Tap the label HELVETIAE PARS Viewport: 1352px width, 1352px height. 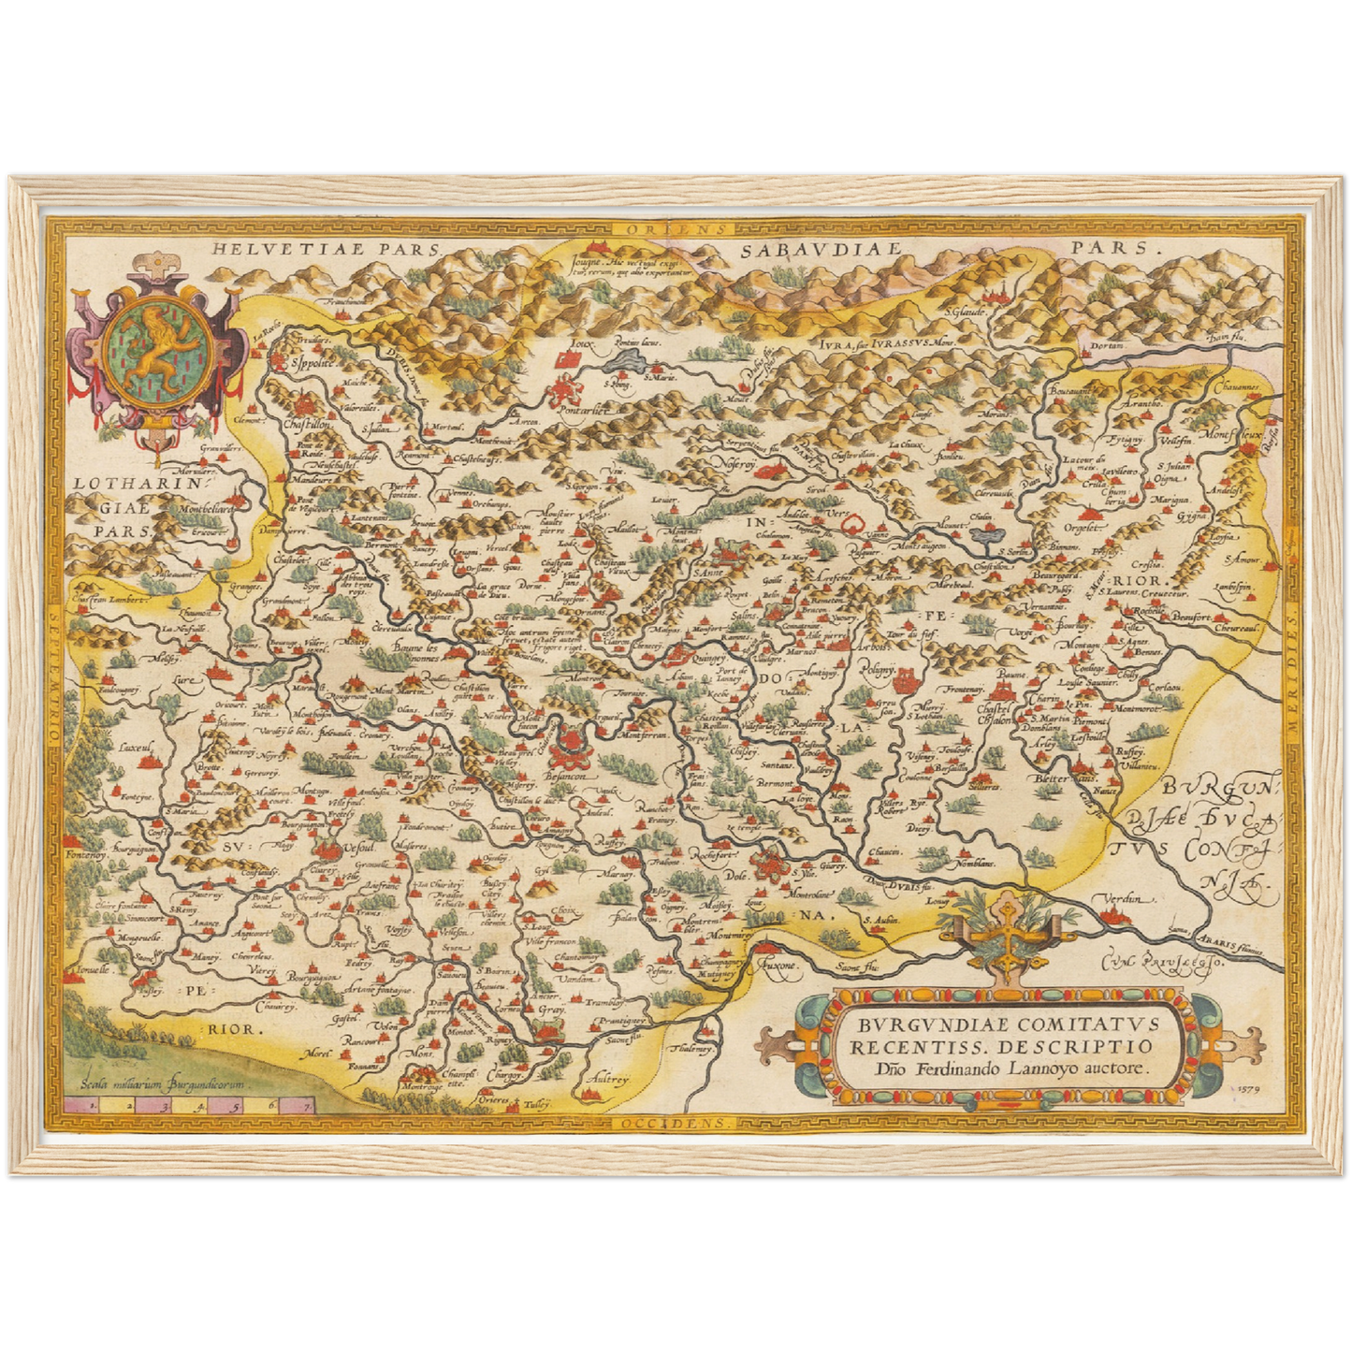point(325,249)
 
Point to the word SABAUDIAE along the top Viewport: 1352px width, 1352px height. point(820,250)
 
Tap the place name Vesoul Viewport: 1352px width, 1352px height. point(358,847)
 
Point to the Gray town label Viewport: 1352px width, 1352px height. point(551,1011)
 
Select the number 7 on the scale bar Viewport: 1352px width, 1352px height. point(302,1105)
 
